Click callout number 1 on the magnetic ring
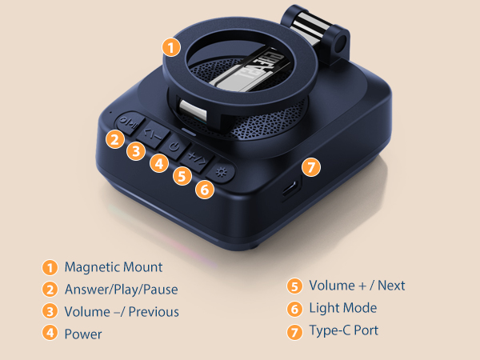coord(171,47)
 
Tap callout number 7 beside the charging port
coord(311,167)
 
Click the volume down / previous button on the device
coord(153,134)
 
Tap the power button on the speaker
coord(174,147)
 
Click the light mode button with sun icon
coord(221,172)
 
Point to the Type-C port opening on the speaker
coord(290,188)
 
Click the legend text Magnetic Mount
coord(114,267)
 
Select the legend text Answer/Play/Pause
coord(122,290)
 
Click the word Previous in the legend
coord(154,312)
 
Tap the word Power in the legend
coord(83,334)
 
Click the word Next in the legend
coord(391,286)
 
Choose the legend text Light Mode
coord(343,308)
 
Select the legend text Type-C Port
coord(344,330)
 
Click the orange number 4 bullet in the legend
coord(50,333)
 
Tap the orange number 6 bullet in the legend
coord(294,309)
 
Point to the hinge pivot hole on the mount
coord(340,44)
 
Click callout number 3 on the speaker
coord(136,151)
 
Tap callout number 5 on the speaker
coord(182,176)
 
